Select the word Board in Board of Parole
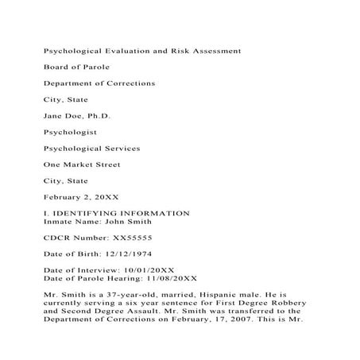pyautogui.click(x=56, y=67)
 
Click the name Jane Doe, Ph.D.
pyautogui.click(x=77, y=116)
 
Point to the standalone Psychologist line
pyautogui.click(x=71, y=132)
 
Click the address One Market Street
pyautogui.click(x=82, y=165)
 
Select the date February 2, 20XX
pyautogui.click(x=79, y=197)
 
